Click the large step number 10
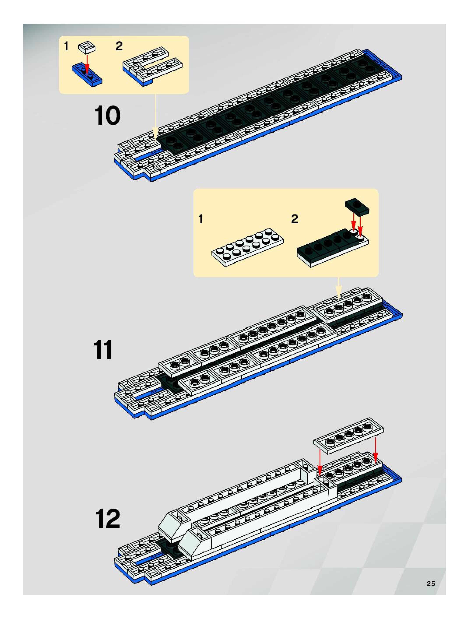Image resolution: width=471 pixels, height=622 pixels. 107,116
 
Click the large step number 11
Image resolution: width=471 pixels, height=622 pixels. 103,350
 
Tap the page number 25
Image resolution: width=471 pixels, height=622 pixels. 431,584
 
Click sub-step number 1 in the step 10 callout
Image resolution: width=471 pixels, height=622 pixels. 66,46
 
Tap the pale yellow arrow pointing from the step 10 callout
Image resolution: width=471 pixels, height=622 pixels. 155,116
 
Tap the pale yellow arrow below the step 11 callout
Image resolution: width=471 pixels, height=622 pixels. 339,288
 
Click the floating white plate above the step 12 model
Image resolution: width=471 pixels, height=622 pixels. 349,436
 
